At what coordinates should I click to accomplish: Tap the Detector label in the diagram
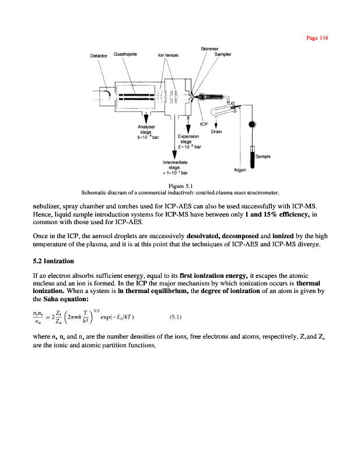tap(100, 56)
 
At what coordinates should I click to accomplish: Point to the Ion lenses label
tap(168, 56)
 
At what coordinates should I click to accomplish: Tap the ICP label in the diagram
tap(204, 124)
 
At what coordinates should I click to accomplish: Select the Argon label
tap(239, 170)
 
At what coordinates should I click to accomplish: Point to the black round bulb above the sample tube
tap(251, 124)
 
